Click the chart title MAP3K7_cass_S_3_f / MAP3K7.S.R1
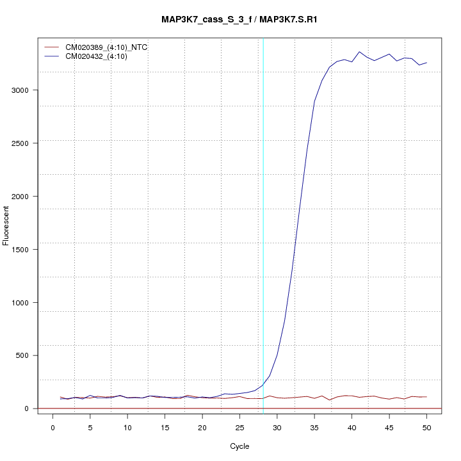point(239,20)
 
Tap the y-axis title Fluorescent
point(7,225)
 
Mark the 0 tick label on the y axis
point(25,408)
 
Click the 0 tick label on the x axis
point(53,427)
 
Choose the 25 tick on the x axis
point(239,427)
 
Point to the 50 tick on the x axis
point(426,427)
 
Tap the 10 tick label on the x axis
point(127,427)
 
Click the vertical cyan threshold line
point(263,224)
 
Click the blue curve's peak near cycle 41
point(359,52)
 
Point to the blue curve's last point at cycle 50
point(426,63)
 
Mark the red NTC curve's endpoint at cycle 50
point(426,397)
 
